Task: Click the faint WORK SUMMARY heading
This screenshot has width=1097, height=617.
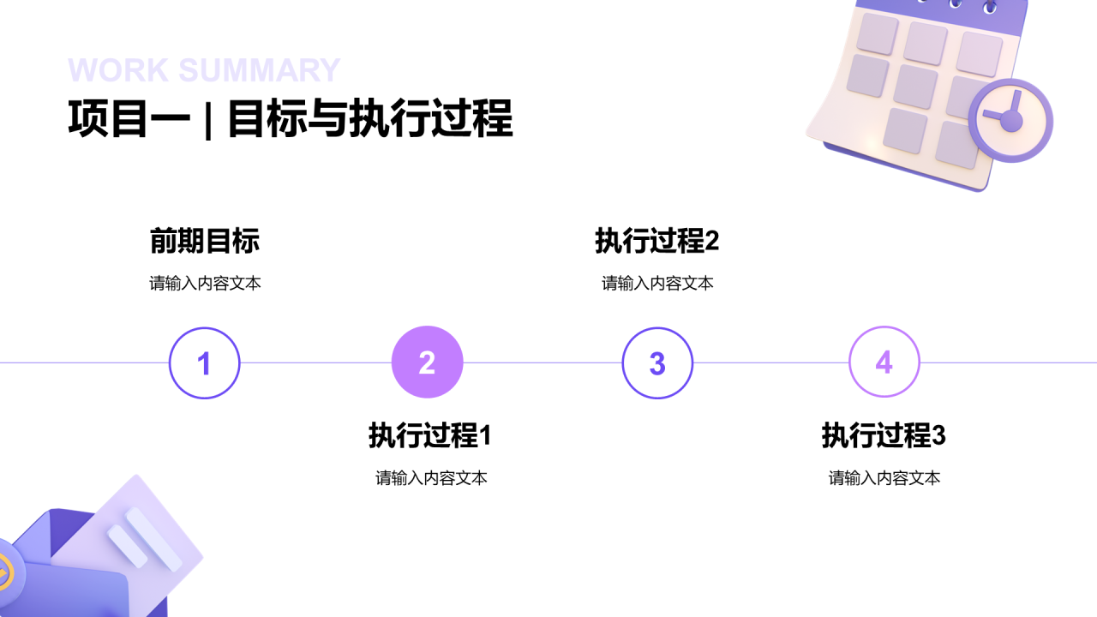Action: click(x=204, y=70)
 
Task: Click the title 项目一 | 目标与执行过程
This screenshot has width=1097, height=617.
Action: click(x=290, y=119)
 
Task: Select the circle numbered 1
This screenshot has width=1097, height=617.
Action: click(x=204, y=363)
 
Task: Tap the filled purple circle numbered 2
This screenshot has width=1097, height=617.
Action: click(x=427, y=363)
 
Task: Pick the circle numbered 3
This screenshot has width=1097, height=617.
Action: click(x=657, y=363)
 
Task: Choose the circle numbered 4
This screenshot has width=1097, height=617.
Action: click(x=884, y=362)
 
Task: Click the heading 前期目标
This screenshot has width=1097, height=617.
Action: click(x=204, y=242)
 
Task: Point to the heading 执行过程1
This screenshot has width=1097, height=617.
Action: click(x=429, y=436)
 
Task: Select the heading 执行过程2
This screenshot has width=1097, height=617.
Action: click(x=656, y=242)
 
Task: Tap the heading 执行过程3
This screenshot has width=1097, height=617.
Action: click(x=883, y=436)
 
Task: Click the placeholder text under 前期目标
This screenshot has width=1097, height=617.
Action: click(x=205, y=284)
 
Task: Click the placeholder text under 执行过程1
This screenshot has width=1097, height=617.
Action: click(x=431, y=478)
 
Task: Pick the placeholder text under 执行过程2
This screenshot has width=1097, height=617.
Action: click(x=657, y=284)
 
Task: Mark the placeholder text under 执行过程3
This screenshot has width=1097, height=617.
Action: click(x=884, y=478)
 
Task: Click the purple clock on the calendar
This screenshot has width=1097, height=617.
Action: click(x=1010, y=121)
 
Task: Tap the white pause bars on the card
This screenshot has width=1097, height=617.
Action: click(x=144, y=540)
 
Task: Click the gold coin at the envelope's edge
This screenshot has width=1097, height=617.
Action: click(x=5, y=569)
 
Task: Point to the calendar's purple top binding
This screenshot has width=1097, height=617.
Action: click(x=943, y=12)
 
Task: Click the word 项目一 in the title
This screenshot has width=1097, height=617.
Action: click(x=129, y=119)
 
